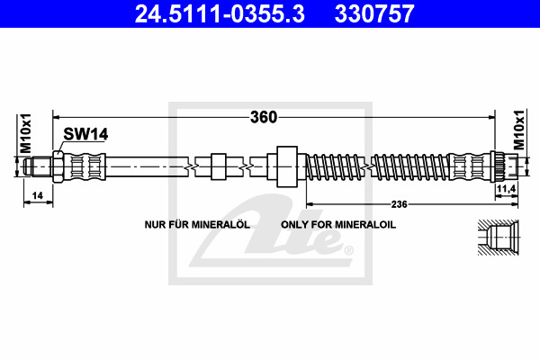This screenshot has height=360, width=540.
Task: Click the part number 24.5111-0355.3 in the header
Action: click(220, 13)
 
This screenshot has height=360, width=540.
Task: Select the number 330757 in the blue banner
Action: click(374, 13)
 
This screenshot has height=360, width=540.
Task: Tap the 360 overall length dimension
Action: click(264, 117)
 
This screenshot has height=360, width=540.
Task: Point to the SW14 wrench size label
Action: click(85, 134)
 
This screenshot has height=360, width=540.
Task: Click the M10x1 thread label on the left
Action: click(26, 133)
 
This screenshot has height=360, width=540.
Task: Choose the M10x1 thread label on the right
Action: click(518, 130)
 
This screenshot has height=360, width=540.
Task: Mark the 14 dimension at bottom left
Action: click(37, 195)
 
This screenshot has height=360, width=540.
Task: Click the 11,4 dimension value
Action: click(506, 188)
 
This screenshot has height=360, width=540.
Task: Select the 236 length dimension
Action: click(399, 204)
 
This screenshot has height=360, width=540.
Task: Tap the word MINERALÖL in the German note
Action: click(220, 225)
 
